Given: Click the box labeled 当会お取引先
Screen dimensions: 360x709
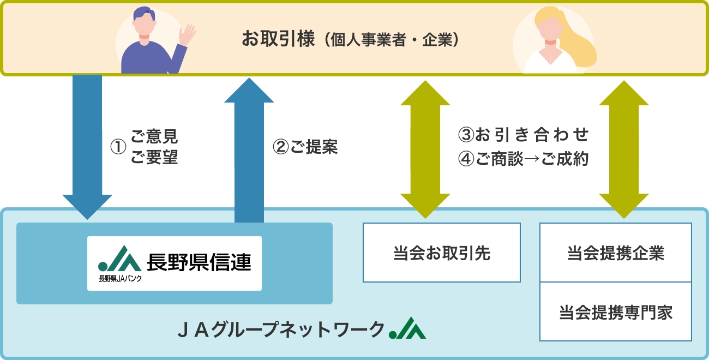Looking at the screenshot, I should [442, 253].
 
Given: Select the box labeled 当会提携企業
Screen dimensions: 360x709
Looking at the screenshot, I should [616, 253].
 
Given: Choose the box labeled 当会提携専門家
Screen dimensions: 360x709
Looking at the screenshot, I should [616, 313].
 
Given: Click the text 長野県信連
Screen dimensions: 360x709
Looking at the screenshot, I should [199, 262].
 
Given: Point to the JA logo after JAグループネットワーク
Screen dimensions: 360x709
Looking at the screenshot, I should [407, 329].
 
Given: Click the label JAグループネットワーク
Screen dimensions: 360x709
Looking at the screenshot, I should [281, 330].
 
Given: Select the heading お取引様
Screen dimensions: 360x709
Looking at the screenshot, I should [278, 39].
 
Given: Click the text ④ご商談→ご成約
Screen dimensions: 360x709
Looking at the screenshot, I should [524, 159].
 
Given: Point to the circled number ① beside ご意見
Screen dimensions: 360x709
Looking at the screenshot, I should [118, 147].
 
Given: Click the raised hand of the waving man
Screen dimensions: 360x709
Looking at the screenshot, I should [187, 35].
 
